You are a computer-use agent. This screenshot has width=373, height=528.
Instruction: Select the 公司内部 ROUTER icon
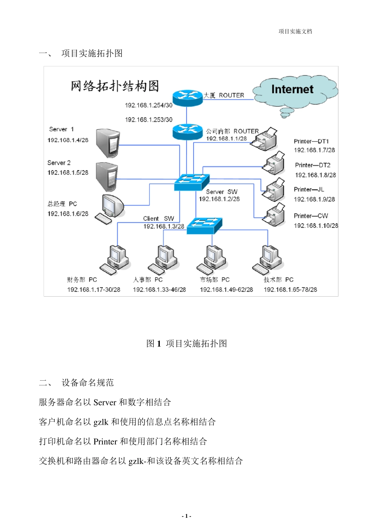click(x=187, y=132)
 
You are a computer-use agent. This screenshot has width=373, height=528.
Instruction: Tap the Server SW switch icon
click(x=192, y=182)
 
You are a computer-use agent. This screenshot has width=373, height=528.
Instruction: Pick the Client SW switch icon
click(x=204, y=225)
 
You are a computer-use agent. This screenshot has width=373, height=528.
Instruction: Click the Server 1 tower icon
click(x=108, y=143)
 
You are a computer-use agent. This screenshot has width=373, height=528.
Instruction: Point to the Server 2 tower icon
click(x=107, y=176)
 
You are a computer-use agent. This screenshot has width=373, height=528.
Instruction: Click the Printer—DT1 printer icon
click(x=264, y=139)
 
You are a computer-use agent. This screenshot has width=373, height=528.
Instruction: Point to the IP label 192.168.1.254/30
click(x=149, y=105)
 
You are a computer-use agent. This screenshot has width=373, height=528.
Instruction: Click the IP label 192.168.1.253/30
click(x=149, y=119)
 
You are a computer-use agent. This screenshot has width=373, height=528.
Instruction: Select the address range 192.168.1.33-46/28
click(x=159, y=290)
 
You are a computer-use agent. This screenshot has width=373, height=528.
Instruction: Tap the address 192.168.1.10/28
click(x=316, y=225)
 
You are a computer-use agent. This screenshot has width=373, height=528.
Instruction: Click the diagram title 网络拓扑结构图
click(x=115, y=86)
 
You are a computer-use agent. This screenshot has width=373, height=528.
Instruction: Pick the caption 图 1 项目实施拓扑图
click(x=186, y=343)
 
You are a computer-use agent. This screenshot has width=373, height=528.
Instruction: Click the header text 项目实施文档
click(x=295, y=31)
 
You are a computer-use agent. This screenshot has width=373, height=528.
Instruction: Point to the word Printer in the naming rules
click(x=105, y=442)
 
